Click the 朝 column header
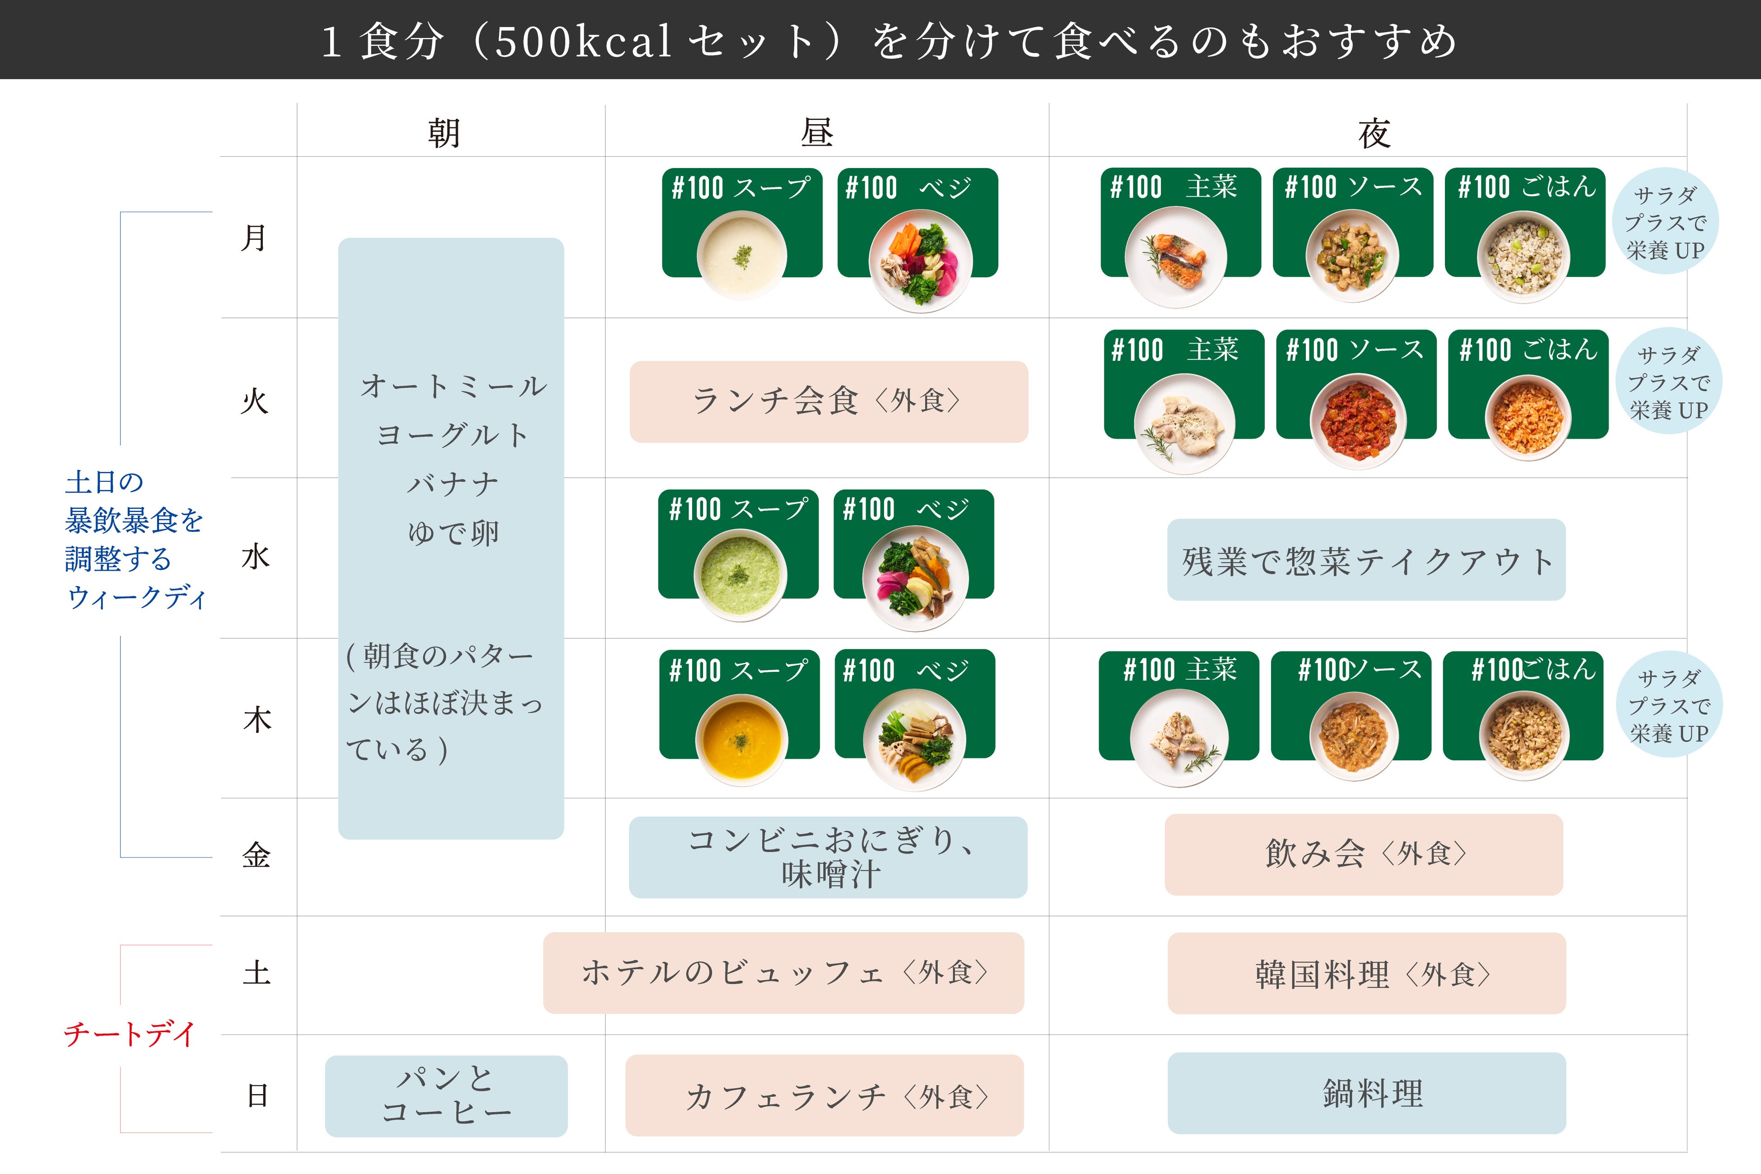point(444,133)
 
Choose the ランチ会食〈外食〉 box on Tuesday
point(828,401)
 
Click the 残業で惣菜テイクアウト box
point(1365,560)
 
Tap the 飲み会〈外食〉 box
point(1364,853)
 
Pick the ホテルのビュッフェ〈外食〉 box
point(783,973)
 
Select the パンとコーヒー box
point(446,1095)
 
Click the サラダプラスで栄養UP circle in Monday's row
point(1665,222)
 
